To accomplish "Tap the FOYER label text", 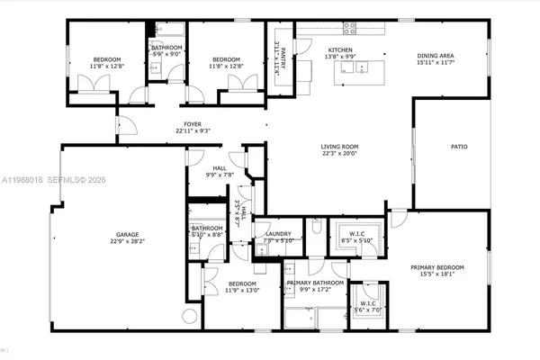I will [193, 124].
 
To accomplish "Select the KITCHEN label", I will [339, 49].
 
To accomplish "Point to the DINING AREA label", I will [435, 56].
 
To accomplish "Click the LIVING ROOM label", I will [340, 147].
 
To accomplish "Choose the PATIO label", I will [458, 146].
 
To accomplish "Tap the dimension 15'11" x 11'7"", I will [435, 63].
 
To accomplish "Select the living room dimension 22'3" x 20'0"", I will [340, 154].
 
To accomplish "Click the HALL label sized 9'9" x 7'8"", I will [220, 167].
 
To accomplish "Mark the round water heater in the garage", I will [190, 316].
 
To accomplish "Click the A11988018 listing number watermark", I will [21, 181].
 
